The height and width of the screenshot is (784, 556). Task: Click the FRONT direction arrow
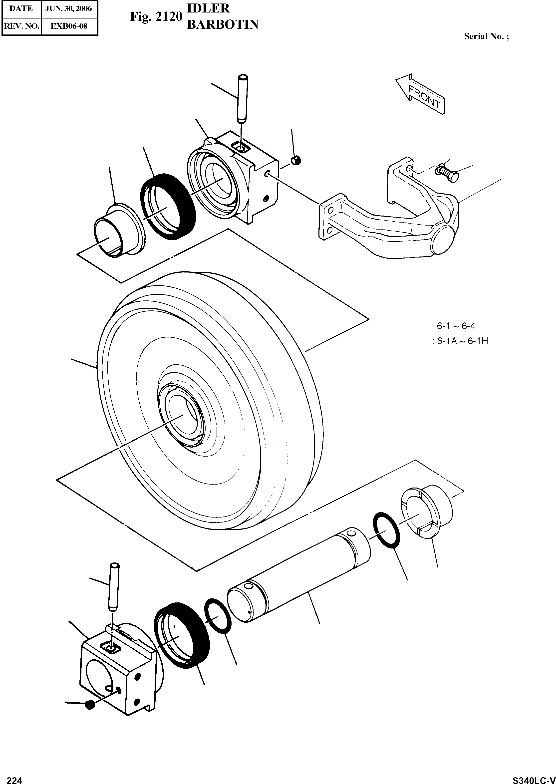tap(421, 94)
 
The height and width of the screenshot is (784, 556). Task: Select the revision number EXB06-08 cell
tap(69, 26)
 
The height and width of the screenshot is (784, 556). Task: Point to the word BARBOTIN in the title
tap(222, 25)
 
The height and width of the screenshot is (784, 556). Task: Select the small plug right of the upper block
tap(295, 160)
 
